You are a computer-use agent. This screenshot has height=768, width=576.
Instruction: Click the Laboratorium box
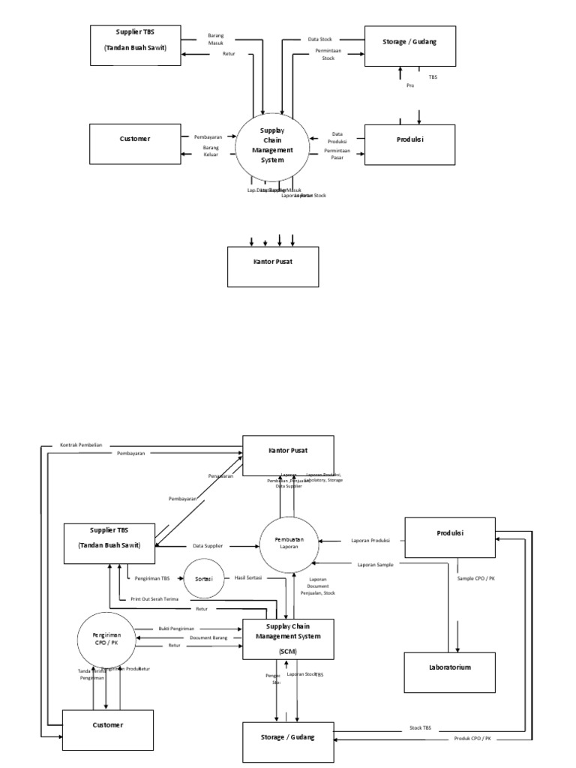point(450,666)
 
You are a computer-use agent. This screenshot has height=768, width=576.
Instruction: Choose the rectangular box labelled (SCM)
point(289,639)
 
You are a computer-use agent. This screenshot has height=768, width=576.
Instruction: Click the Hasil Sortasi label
point(247,577)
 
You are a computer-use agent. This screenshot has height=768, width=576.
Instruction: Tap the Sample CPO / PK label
point(475,579)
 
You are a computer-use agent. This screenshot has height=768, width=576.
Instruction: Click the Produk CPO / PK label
point(472,739)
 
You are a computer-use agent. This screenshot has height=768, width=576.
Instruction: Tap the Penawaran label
point(220,475)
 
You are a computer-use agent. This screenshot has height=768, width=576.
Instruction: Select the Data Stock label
point(320,39)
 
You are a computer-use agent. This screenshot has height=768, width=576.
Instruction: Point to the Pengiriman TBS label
point(153,577)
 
